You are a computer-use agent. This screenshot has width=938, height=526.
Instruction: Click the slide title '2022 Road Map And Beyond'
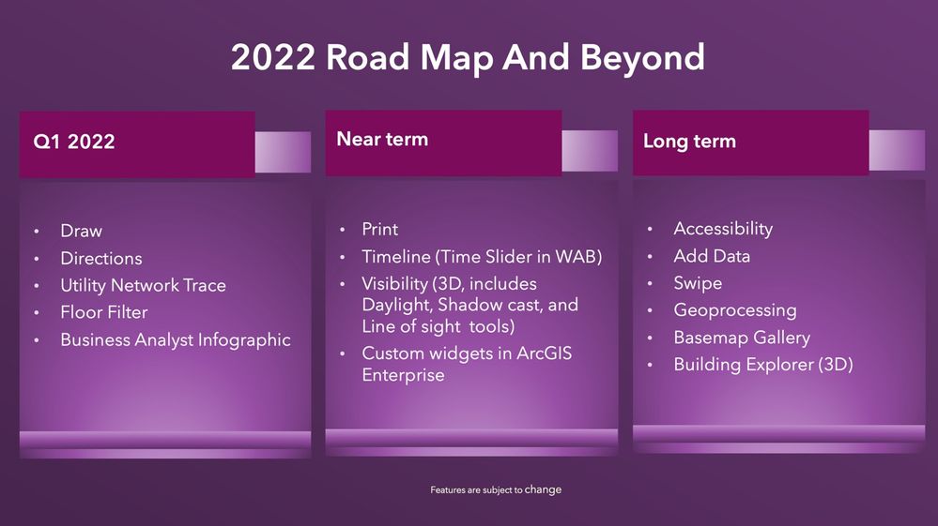468,58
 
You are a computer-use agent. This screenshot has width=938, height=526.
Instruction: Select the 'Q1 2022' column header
74,142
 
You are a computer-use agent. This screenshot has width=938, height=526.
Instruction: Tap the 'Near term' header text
382,139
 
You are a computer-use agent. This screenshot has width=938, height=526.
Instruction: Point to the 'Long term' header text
689,142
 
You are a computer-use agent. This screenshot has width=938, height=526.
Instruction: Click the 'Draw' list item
82,231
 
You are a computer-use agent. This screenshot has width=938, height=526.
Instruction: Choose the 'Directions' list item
101,258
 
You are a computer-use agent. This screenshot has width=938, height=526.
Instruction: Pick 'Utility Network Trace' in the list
143,285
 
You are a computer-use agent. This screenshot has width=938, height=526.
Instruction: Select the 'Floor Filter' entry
104,312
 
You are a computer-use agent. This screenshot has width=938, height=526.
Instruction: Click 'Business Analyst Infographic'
176,340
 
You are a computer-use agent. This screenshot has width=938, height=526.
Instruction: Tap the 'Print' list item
380,230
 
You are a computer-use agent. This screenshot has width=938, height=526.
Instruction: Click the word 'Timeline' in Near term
396,257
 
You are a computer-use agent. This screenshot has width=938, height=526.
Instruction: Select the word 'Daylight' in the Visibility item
397,305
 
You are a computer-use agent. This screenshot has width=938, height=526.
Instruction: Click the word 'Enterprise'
403,375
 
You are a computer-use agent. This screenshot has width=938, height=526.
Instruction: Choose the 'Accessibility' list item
723,229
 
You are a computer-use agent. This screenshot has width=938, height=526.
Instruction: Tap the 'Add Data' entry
712,256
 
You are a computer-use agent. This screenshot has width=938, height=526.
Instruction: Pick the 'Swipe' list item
698,283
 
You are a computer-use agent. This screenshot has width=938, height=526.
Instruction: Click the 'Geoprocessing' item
735,310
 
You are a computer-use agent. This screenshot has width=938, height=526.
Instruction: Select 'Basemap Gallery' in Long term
742,338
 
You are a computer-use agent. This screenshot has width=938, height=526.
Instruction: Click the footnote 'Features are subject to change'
496,490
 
